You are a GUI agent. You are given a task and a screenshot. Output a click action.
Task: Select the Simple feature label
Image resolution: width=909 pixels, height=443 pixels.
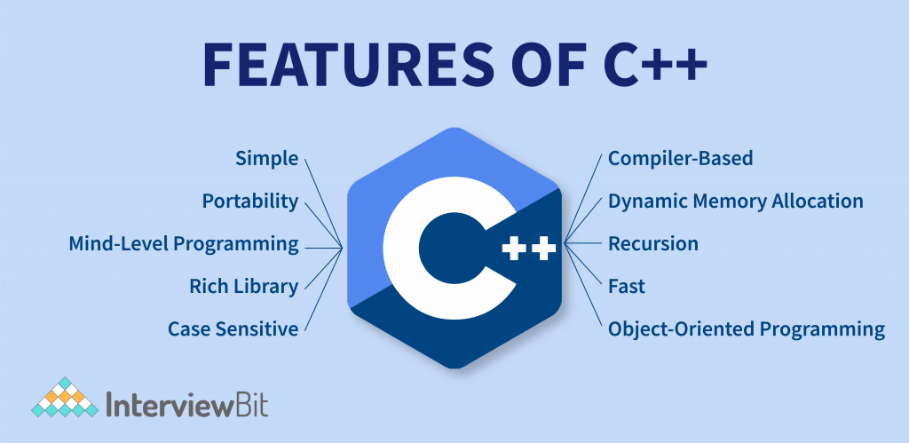tap(266, 159)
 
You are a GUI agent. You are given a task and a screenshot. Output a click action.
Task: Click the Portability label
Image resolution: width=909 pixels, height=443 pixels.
tap(249, 202)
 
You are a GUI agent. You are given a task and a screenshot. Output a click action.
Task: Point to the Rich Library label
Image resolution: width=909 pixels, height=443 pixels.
tap(243, 287)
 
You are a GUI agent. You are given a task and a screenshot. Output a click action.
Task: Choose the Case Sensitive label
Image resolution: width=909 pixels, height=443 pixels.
tap(233, 329)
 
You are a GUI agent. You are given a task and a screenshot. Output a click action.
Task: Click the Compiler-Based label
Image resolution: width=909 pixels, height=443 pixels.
tap(680, 159)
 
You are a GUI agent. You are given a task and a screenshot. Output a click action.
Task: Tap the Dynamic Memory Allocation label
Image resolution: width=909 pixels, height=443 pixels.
tap(735, 202)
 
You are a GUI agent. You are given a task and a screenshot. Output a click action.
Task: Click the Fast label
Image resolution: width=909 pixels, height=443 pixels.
tap(626, 287)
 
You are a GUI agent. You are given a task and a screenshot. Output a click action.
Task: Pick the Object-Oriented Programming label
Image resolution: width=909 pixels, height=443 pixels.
tap(746, 329)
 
